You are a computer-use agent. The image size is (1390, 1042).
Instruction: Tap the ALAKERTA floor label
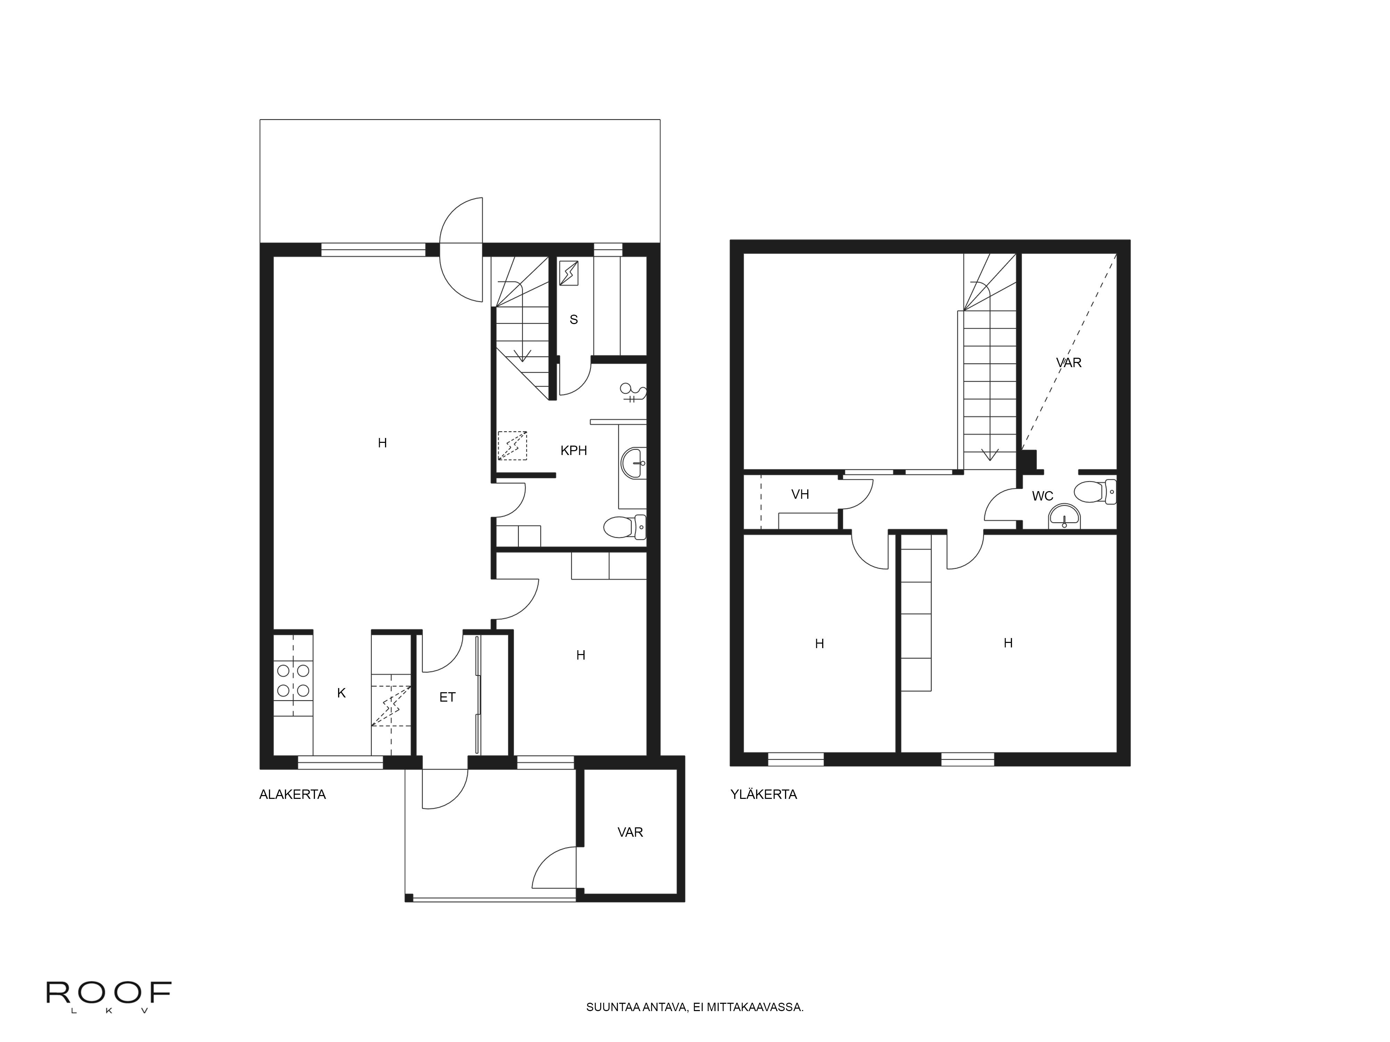click(x=292, y=795)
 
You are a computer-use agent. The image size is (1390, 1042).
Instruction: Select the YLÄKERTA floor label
click(x=763, y=795)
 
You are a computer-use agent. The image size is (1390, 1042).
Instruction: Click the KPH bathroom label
click(x=574, y=450)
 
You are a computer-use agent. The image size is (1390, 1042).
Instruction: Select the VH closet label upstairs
click(x=800, y=494)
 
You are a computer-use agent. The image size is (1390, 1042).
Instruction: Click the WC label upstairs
click(x=1042, y=496)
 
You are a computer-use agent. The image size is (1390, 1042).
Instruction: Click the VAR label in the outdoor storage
click(x=630, y=832)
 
